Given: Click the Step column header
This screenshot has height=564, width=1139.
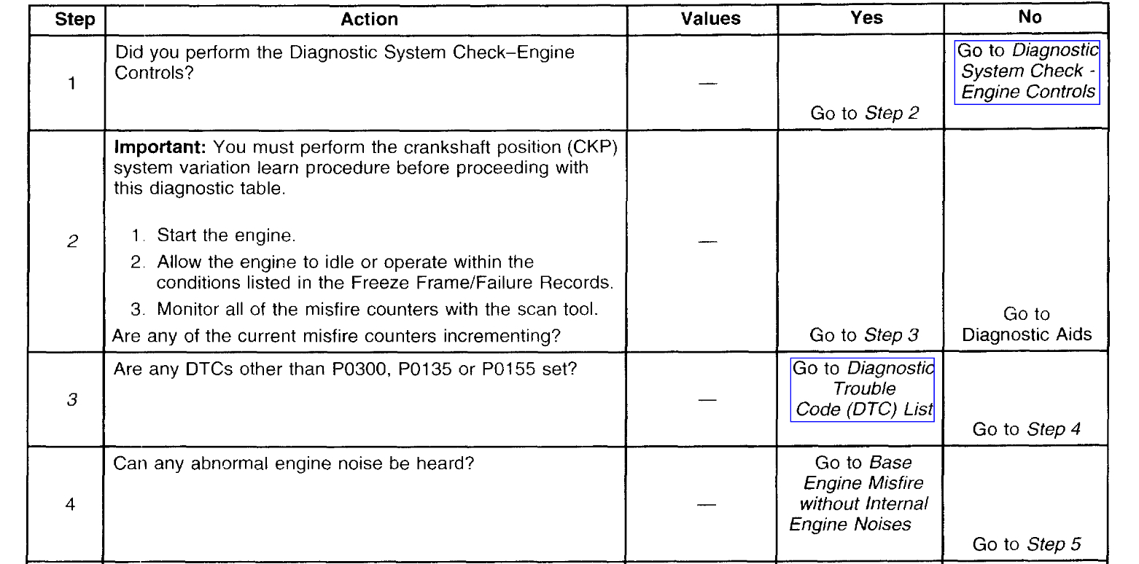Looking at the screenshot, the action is pos(75,20).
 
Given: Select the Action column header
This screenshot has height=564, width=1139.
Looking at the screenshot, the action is pos(370,20).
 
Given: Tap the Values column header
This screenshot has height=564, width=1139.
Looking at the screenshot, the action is pos(710,19).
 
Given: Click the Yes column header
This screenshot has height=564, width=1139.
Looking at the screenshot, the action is pos(866,18).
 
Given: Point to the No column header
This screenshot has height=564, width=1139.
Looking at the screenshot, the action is pos(1030,18).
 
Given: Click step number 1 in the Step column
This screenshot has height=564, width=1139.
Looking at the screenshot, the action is pos(71,84).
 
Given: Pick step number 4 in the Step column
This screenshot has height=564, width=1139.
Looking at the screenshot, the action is pos(71,504).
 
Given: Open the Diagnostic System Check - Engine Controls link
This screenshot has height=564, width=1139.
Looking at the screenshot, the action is pos(1027,71).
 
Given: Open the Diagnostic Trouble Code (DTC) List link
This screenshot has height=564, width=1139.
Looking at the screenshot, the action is pos(863,389).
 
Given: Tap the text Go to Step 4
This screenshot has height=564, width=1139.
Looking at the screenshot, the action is pos(1026,429).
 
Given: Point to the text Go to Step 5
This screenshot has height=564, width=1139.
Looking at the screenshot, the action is pos(1026,544).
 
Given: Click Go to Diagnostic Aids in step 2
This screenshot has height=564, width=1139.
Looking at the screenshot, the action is pos(1026,324).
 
